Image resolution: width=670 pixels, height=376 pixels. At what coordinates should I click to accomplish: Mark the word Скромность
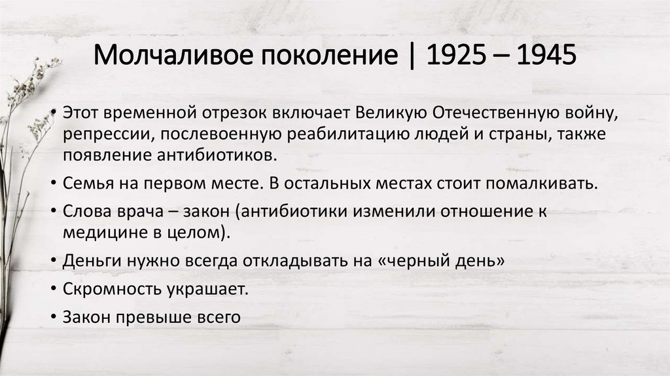coord(103,289)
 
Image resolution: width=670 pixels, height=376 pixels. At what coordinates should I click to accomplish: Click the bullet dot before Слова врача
coord(52,212)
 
